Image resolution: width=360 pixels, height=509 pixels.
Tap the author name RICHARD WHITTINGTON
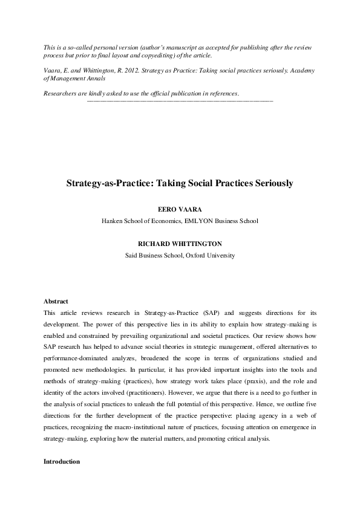(x=180, y=243)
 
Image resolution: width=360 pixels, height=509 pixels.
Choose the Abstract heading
(x=56, y=301)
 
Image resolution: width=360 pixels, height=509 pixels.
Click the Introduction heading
(x=62, y=461)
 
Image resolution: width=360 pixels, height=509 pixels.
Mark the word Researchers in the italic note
(x=63, y=93)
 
